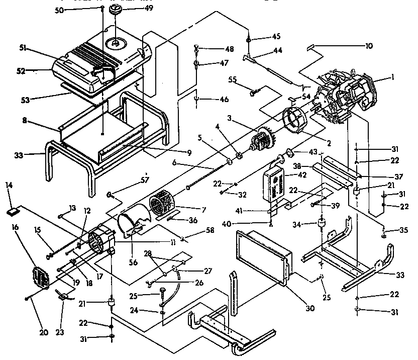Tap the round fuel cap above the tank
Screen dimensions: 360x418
117,10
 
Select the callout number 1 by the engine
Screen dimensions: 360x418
393,78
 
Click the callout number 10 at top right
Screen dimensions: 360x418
369,46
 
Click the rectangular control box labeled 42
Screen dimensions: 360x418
275,185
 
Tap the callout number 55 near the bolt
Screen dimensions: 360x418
233,80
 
